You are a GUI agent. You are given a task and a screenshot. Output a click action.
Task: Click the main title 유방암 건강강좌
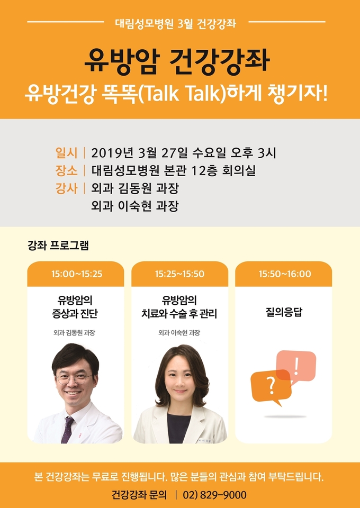[x=177, y=61]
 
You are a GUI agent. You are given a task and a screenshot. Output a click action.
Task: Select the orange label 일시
[x=67, y=153]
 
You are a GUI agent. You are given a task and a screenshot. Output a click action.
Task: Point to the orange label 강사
[x=67, y=188]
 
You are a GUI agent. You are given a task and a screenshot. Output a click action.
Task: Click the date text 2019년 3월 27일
[x=139, y=153]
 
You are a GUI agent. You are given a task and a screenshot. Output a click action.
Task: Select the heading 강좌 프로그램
[x=58, y=246]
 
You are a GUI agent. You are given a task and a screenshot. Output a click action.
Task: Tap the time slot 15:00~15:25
[x=77, y=274]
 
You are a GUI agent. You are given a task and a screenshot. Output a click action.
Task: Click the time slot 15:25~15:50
[x=179, y=274]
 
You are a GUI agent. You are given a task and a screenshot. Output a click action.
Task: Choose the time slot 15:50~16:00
[x=285, y=274]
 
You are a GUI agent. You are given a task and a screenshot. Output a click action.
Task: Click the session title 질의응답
[x=284, y=313]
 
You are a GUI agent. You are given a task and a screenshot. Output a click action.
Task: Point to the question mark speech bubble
[x=271, y=387]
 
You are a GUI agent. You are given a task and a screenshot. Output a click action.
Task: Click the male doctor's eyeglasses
[x=74, y=378]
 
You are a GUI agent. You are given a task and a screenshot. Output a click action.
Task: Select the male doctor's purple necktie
[x=67, y=429]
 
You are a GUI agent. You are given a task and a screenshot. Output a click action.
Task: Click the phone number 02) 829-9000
[x=214, y=495]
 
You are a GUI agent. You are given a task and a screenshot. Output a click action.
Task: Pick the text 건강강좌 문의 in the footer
[x=139, y=495]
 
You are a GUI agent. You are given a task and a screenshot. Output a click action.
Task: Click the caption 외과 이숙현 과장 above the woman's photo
[x=179, y=333]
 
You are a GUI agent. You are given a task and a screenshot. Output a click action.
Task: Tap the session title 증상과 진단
[x=75, y=314]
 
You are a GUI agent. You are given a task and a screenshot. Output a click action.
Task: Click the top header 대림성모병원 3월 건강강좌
[x=176, y=23]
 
